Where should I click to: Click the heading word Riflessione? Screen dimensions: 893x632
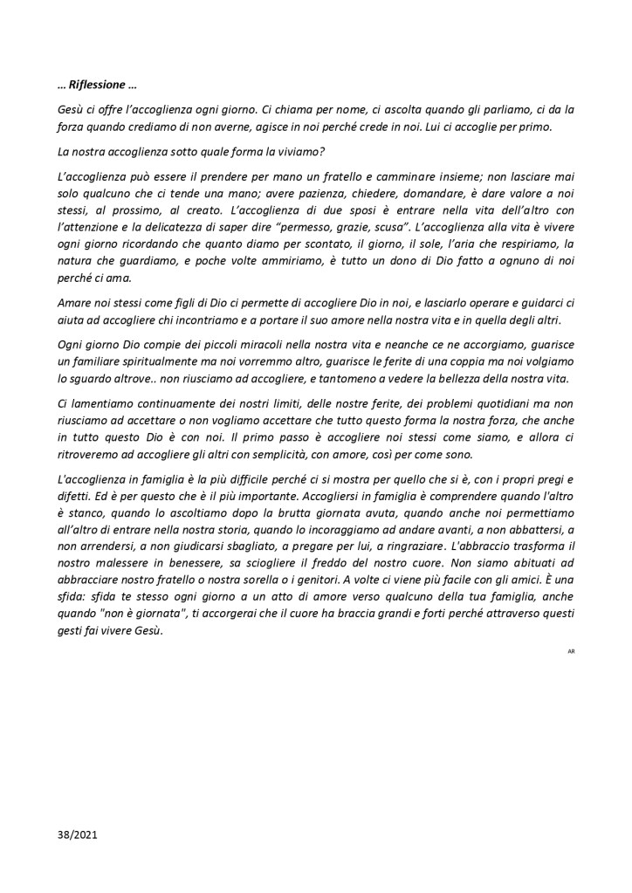(x=97, y=86)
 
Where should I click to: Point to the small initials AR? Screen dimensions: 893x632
(x=571, y=651)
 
